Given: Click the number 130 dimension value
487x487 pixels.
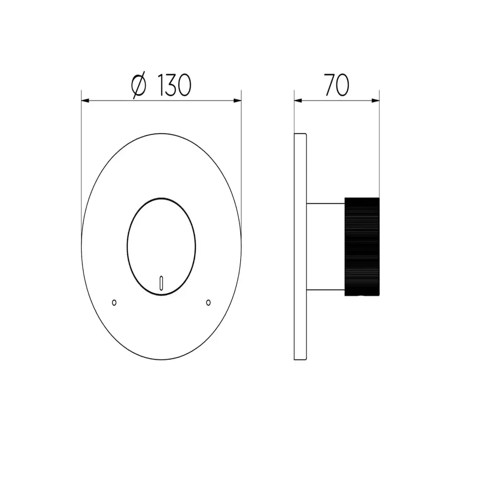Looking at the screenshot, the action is pos(175,85).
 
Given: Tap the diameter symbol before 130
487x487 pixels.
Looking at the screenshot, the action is pos(138,85).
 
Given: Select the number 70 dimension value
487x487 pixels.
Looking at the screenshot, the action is pos(337,85).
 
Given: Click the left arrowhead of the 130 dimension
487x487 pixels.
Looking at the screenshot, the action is pos(85,100).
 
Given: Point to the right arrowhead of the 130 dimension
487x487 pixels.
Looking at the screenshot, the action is pos(237,100).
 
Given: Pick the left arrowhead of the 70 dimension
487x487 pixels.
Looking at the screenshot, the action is pos(298,100).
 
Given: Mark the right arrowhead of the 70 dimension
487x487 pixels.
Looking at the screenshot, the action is pos(375,100).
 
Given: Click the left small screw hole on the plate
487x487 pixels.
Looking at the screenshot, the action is pos(114,302).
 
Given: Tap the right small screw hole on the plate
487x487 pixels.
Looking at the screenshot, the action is pos(208,302).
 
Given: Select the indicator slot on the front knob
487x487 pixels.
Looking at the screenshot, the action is pos(161,283).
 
